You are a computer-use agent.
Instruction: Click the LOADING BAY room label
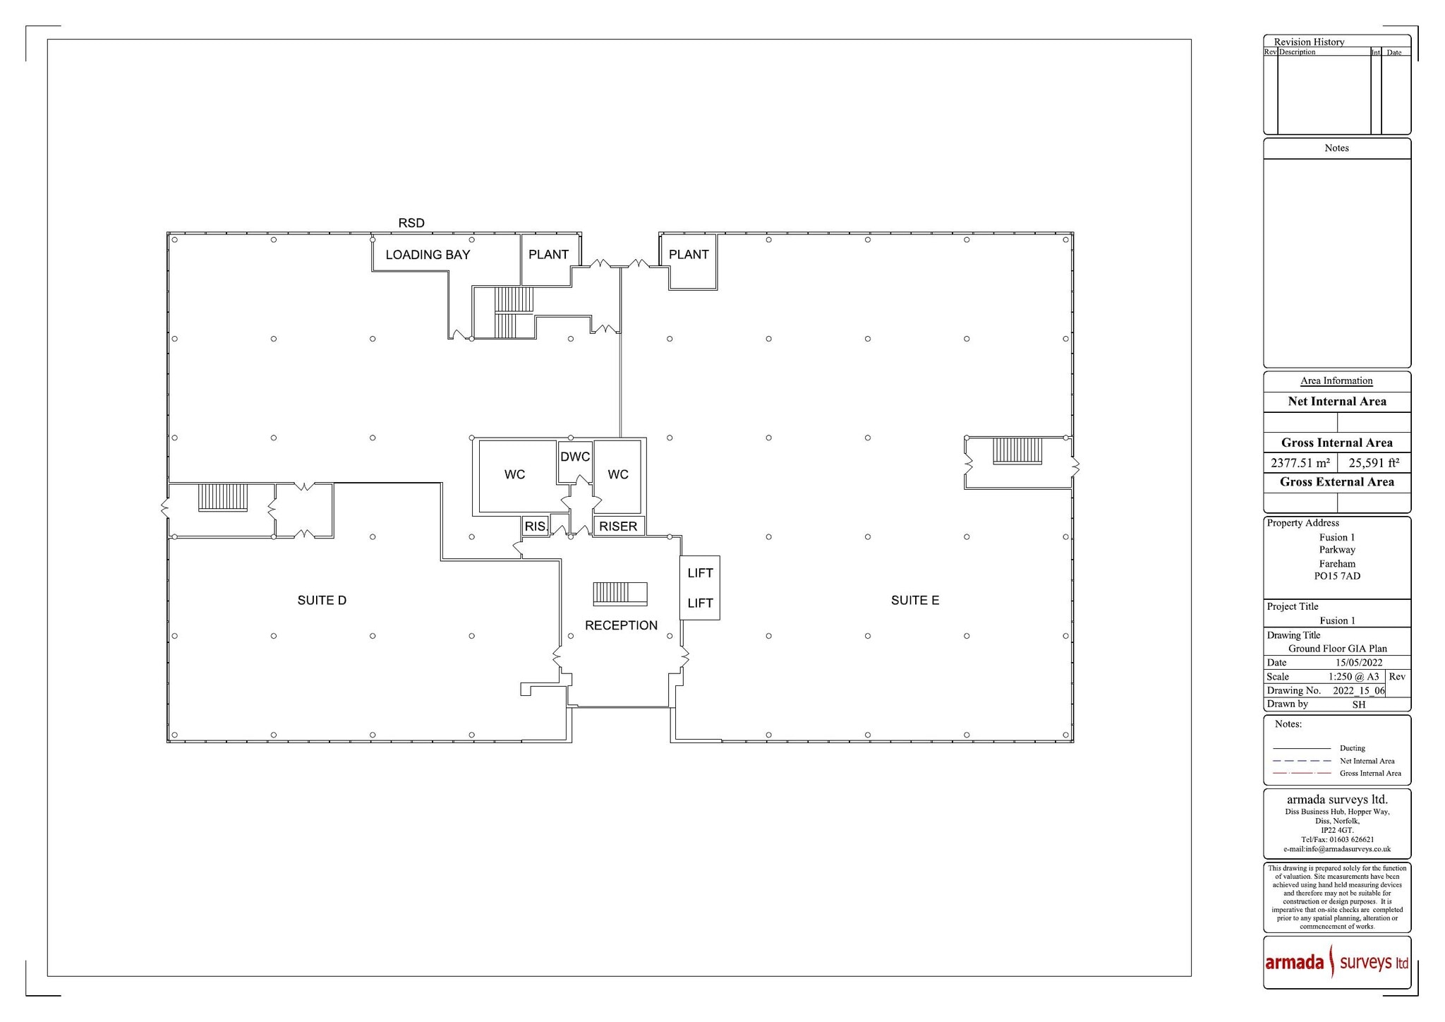428,255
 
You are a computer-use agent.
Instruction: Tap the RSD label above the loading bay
411,223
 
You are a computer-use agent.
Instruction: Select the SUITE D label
322,601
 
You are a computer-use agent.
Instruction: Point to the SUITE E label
914,601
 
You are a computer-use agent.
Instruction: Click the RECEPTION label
621,625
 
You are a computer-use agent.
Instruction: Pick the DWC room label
575,457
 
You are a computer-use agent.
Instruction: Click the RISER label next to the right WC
618,527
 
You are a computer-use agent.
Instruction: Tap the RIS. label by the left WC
536,527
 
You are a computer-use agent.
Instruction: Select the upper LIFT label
700,573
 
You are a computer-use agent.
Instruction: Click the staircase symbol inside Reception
619,594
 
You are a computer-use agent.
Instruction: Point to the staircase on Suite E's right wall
1017,451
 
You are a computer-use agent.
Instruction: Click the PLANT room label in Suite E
689,255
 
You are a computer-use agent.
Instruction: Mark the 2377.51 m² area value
1300,464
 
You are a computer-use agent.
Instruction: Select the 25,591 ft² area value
1374,464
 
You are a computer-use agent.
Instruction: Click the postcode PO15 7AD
1337,576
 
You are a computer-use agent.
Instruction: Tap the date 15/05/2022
1358,663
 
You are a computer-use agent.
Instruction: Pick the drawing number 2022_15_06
1358,691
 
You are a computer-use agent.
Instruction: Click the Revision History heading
1309,42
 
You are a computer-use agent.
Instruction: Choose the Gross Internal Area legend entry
1370,774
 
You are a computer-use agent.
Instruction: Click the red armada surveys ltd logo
1336,963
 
